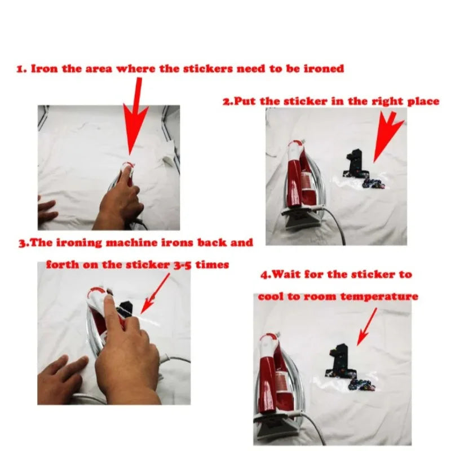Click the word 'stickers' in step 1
click(x=207, y=69)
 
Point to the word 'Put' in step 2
click(x=244, y=101)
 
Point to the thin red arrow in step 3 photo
click(x=155, y=293)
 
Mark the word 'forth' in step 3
click(x=63, y=264)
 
